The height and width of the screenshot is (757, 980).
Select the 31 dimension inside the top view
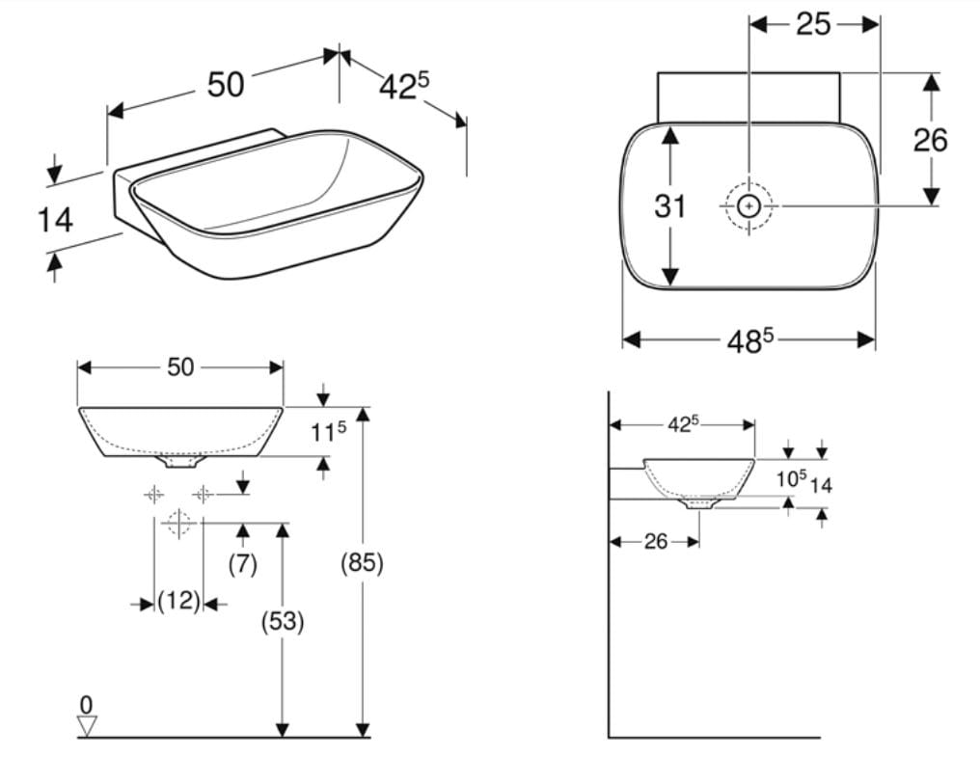[670, 205]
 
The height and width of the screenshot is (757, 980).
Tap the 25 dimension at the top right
[813, 24]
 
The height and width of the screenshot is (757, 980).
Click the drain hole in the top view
[749, 205]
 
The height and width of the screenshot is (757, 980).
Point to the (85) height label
[362, 563]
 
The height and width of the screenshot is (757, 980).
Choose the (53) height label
[283, 621]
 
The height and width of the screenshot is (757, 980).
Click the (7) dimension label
[242, 564]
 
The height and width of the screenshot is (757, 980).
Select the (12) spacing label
[178, 602]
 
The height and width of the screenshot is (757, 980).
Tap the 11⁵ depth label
[328, 431]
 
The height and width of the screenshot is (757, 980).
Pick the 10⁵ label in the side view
[792, 479]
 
